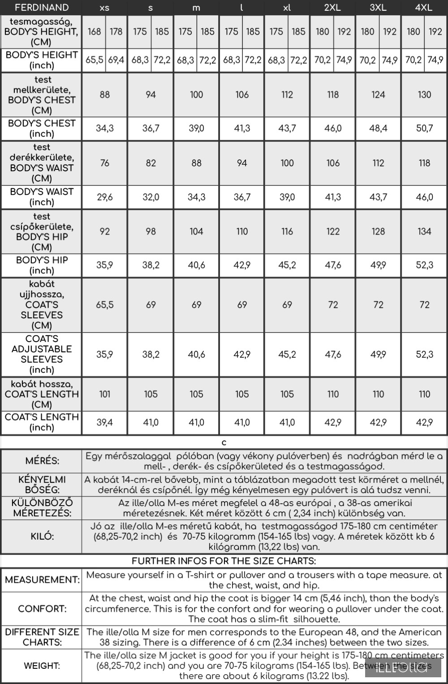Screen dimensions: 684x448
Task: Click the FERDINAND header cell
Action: click(x=42, y=8)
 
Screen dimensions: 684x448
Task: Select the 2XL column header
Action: click(x=333, y=8)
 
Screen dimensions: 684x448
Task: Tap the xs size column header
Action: click(x=104, y=8)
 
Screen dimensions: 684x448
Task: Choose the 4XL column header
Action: click(x=424, y=8)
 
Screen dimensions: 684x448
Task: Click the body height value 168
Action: click(x=94, y=32)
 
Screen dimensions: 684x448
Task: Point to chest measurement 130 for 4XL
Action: click(x=424, y=95)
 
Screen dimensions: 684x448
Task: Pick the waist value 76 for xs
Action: click(x=104, y=163)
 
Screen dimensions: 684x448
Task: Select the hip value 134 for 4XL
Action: click(x=424, y=231)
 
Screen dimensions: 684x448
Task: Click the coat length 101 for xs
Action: click(x=104, y=394)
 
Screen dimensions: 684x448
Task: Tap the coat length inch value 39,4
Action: click(x=104, y=422)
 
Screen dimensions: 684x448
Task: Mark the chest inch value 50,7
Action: click(x=424, y=129)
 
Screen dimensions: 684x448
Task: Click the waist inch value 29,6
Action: click(x=104, y=197)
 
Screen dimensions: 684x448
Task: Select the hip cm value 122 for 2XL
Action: click(x=333, y=231)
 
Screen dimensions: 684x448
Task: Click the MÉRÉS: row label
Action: click(x=42, y=461)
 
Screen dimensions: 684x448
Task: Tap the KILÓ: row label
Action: click(x=42, y=537)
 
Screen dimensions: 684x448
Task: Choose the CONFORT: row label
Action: click(x=42, y=609)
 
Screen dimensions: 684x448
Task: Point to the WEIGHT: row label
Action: click(x=42, y=666)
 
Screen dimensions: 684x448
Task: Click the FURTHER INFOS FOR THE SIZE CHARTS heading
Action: click(x=224, y=561)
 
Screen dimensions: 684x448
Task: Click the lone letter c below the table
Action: click(x=224, y=443)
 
